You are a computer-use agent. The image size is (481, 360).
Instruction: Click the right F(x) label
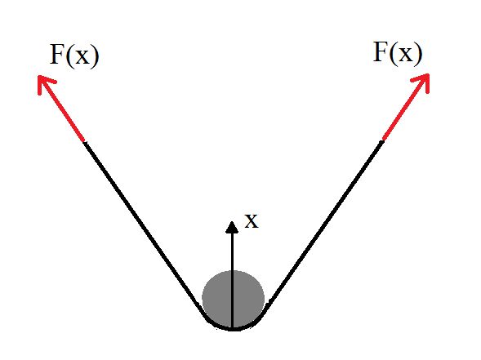(x=398, y=53)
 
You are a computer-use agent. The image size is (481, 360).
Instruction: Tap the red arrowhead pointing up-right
(x=422, y=80)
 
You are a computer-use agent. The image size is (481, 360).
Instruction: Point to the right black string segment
(x=327, y=220)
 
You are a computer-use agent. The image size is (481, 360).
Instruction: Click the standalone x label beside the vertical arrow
(x=252, y=220)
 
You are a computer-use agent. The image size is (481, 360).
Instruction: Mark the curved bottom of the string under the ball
(x=233, y=328)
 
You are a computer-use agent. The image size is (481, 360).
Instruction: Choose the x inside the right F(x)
(x=403, y=55)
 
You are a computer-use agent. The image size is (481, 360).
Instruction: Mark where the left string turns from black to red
(x=85, y=141)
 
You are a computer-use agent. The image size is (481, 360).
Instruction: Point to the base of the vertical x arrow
(x=233, y=327)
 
